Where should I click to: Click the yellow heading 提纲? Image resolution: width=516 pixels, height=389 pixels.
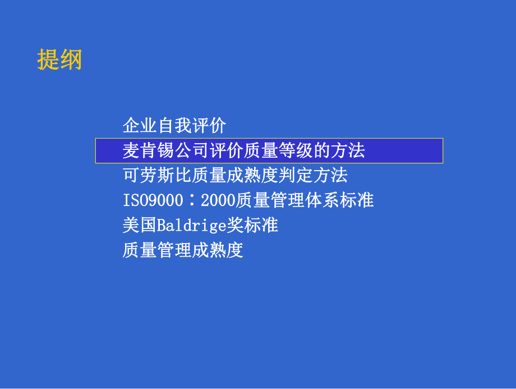59,60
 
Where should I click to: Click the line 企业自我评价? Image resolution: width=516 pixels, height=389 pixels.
174,125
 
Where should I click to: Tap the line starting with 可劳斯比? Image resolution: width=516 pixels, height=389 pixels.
235,175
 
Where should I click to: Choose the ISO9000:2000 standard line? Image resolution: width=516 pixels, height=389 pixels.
248,200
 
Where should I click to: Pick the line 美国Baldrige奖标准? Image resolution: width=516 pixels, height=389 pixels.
200,225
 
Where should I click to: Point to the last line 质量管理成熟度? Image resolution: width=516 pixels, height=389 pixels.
183,250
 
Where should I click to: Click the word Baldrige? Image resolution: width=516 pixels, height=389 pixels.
191,225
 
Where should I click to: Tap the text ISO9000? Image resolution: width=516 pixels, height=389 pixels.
153,200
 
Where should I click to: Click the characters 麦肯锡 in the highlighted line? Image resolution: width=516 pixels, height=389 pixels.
149,150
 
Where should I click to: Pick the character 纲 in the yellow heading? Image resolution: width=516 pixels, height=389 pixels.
71,60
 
